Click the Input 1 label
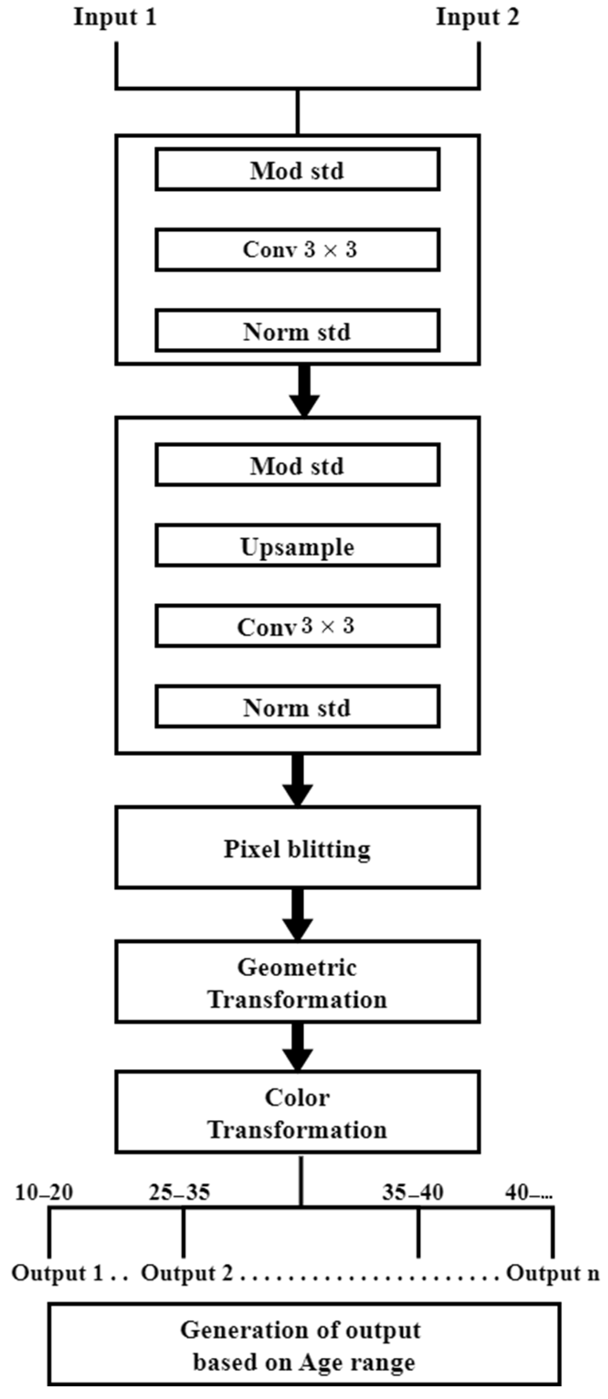[x=115, y=17]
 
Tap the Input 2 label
[x=477, y=17]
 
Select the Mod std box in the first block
[x=297, y=170]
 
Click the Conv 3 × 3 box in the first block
[x=297, y=250]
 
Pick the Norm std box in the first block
[x=297, y=331]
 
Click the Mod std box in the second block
[x=297, y=466]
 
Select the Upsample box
[x=297, y=546]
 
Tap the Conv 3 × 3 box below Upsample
[x=297, y=626]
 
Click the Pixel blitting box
[x=297, y=848]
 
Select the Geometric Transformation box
[x=297, y=982]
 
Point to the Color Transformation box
[x=297, y=1113]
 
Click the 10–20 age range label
[x=44, y=1192]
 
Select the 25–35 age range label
[x=179, y=1192]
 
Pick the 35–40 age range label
[x=412, y=1192]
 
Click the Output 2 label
[x=187, y=1273]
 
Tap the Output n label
[x=552, y=1273]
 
